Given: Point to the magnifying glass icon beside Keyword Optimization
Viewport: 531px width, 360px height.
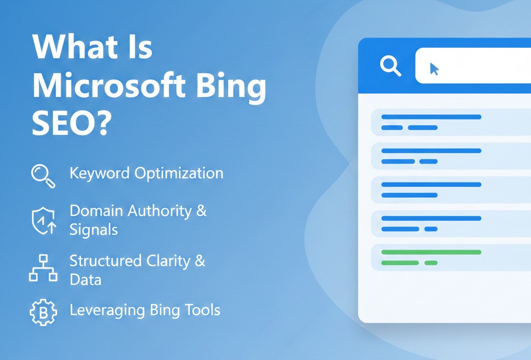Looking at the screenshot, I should [43, 175].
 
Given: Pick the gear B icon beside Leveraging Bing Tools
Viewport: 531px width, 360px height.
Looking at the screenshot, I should [42, 311].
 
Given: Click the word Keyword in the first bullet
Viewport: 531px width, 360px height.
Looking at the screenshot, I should [100, 173].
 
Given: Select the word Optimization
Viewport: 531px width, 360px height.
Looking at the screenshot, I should [179, 173].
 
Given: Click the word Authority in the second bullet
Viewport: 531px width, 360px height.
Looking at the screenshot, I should [159, 211].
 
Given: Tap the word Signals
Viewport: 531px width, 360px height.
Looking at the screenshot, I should [94, 230].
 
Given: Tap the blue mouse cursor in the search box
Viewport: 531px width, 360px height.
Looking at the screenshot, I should [435, 69].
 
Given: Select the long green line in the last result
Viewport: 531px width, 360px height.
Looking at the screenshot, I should [431, 252].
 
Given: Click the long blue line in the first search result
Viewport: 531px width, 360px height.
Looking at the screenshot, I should [431, 117].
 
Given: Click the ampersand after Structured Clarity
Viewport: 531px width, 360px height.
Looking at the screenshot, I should [200, 260].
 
